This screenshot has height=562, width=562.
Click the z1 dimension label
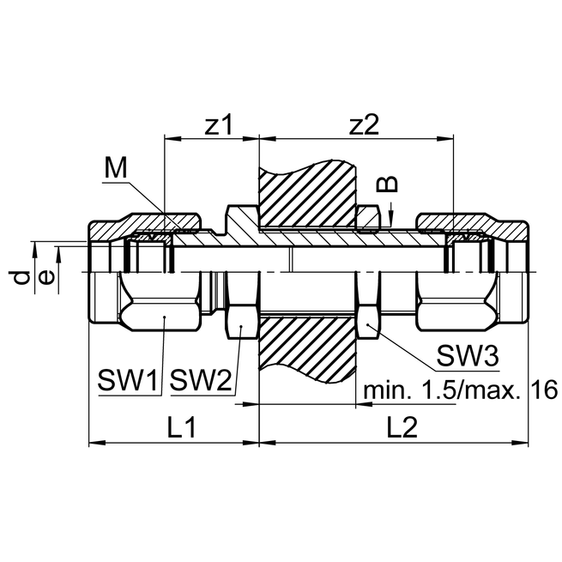220,124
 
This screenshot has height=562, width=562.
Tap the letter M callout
115,169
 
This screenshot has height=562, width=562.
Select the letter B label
389,184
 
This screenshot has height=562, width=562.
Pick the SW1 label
129,380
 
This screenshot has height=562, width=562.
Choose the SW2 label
202,380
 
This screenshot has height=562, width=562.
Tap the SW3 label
468,355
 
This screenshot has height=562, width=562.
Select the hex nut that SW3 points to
369,309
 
